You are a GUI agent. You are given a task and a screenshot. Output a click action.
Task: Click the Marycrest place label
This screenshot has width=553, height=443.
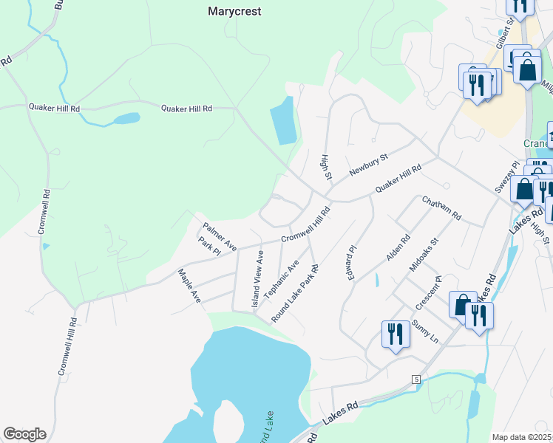235,12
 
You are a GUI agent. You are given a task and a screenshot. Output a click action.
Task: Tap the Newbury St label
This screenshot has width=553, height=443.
369,164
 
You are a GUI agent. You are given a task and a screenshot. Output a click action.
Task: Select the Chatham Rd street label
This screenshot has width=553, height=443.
441,208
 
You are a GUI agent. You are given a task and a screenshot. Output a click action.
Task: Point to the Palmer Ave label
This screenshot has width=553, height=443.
220,235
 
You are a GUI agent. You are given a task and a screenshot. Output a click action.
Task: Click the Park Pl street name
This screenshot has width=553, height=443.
209,247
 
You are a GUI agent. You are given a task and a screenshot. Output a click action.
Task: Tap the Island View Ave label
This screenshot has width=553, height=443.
258,279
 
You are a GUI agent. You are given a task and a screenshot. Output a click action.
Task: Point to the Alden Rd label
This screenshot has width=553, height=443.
398,248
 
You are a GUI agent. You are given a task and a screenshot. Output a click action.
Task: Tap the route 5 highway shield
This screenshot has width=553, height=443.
416,379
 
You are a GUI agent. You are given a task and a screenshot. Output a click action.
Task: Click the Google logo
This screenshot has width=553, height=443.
24,434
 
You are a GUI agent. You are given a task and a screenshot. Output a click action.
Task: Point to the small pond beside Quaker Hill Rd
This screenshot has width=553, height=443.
126,118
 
